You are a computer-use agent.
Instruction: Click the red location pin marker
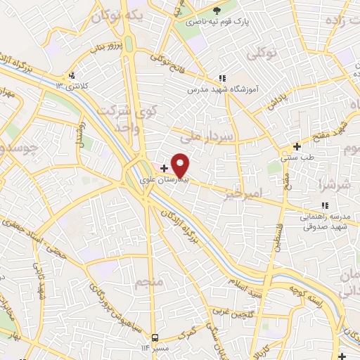pyautogui.click(x=181, y=164)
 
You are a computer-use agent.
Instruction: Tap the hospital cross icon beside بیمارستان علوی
pyautogui.click(x=164, y=169)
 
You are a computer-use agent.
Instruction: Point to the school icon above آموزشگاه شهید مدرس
pyautogui.click(x=222, y=78)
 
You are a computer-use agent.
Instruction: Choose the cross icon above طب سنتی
pyautogui.click(x=297, y=147)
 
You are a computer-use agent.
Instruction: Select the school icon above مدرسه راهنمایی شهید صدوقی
pyautogui.click(x=324, y=205)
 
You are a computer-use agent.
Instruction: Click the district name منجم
pyautogui.click(x=150, y=283)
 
